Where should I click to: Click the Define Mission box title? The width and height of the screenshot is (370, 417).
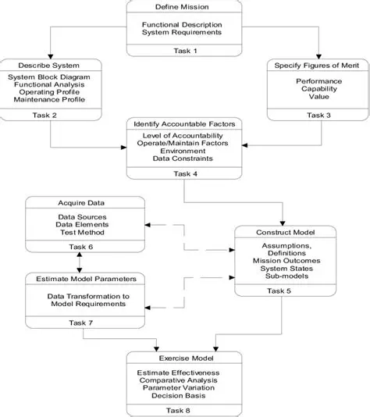181,7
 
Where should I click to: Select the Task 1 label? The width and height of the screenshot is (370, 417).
181,50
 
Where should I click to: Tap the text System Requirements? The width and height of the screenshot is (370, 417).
181,34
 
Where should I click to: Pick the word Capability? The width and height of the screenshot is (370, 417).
317,90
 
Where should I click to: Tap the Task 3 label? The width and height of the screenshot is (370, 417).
317,115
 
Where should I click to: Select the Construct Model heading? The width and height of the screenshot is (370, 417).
285,232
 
